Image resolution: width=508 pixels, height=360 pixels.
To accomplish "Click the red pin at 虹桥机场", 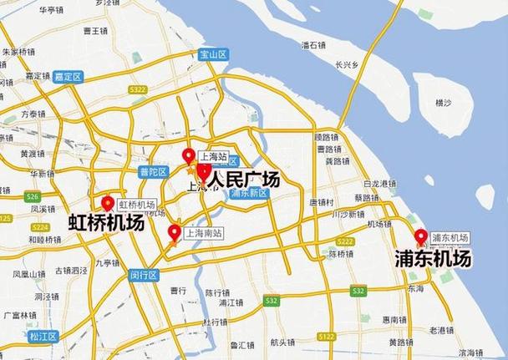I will (108, 202).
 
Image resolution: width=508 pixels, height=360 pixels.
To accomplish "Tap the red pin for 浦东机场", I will (420, 236).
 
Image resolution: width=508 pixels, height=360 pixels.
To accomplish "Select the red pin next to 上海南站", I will (175, 232).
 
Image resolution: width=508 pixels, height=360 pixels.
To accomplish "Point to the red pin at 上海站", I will (189, 155).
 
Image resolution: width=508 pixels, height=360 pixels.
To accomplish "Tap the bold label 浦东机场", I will (432, 259).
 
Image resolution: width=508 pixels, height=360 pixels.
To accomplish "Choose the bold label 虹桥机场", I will (105, 223).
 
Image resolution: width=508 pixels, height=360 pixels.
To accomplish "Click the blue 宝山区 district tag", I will (213, 53).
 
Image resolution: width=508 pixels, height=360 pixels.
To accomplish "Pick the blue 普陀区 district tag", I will (154, 171).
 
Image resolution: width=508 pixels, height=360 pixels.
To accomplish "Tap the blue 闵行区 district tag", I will (144, 274).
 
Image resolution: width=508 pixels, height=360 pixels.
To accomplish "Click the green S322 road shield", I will (138, 89).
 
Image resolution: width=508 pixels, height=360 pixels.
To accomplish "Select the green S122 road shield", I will (326, 336).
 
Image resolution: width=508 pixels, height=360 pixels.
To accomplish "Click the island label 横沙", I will (443, 102).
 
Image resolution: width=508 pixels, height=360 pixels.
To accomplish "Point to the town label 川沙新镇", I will (349, 214).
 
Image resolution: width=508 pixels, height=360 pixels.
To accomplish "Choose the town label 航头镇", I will (282, 342).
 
